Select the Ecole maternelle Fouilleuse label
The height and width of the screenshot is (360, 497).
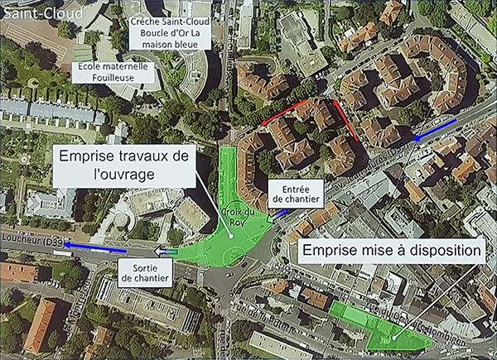pyautogui.click(x=115, y=71)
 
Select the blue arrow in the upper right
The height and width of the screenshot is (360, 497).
pyautogui.click(x=435, y=128)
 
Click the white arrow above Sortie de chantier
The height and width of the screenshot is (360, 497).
pyautogui.click(x=166, y=250)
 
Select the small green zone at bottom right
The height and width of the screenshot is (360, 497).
pyautogui.click(x=380, y=327)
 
